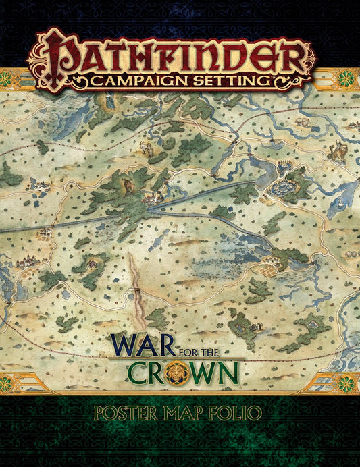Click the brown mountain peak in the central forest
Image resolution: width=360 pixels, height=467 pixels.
(126, 182)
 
